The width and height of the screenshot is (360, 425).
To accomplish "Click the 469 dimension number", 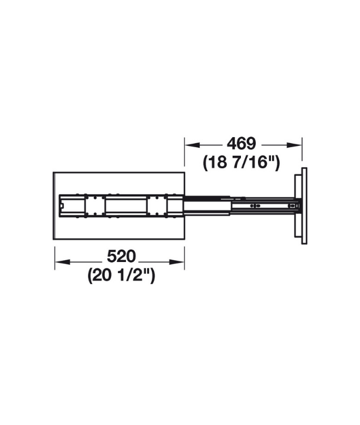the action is click(241, 144).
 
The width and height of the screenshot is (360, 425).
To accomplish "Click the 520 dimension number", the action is click(121, 256).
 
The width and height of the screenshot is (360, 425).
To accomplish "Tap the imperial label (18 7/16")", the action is click(241, 162).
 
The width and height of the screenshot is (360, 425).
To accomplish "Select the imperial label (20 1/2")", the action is click(121, 276).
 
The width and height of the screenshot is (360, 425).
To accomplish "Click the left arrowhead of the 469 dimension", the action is click(192, 145).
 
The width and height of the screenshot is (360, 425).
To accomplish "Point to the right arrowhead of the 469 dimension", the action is click(294, 145).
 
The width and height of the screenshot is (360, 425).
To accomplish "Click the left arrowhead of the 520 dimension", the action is click(63, 262).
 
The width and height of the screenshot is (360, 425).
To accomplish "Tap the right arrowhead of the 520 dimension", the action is click(176, 262).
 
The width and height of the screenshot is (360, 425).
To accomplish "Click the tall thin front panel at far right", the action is click(304, 206).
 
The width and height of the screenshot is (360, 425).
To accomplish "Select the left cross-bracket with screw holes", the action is click(95, 206).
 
